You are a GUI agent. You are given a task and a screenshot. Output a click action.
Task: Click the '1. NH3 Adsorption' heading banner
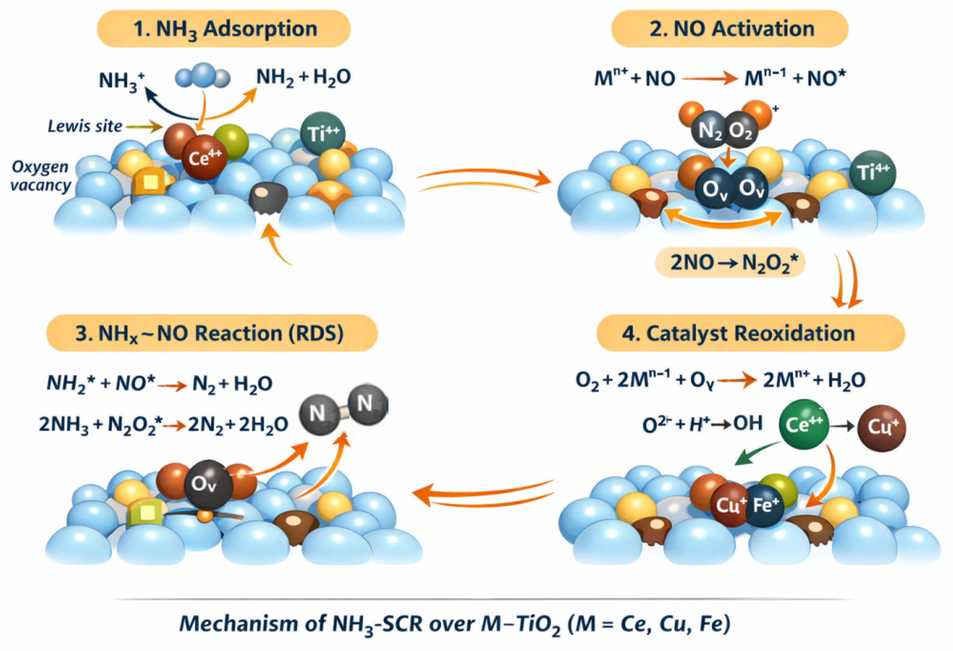point(224,29)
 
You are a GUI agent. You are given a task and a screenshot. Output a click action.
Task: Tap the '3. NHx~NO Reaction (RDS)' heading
point(212,333)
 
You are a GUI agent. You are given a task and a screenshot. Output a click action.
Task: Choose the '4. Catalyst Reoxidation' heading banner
point(750,333)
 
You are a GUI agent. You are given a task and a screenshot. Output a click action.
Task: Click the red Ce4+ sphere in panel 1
point(204,158)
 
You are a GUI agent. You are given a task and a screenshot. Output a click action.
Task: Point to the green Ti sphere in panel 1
point(322,134)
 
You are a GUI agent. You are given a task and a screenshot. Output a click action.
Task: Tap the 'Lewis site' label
point(85,126)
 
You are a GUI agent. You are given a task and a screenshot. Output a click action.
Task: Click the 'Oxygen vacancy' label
point(40,176)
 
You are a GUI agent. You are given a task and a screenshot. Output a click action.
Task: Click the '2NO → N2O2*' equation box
point(730,262)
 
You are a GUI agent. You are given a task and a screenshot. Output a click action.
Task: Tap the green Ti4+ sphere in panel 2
point(872,172)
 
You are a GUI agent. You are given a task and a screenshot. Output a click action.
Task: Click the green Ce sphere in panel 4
point(804,424)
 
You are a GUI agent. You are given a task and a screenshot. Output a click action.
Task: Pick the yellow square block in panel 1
point(150,183)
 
